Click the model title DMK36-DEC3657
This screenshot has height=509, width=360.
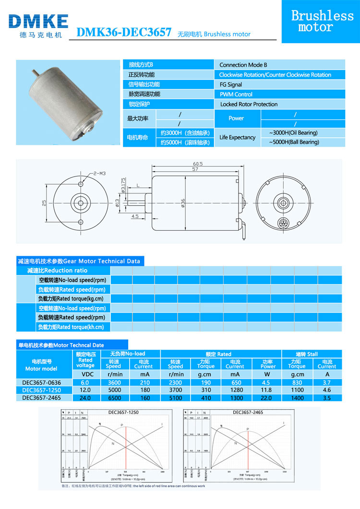[x=124, y=32]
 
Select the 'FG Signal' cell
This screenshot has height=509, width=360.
[x=230, y=84]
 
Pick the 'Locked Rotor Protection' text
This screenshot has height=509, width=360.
[x=249, y=104]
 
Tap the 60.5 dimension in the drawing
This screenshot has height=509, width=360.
[x=198, y=164]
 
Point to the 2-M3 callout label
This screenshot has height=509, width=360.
[x=99, y=172]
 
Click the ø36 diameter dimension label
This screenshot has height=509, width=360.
[x=183, y=203]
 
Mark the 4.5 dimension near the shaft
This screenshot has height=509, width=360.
[x=134, y=216]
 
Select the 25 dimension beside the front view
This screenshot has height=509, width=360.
[x=45, y=203]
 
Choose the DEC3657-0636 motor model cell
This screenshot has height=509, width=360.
[x=41, y=382]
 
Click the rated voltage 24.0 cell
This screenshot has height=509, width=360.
[x=85, y=397]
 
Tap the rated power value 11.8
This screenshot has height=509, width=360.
[x=268, y=390]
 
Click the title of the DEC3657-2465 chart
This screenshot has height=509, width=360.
[x=248, y=412]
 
